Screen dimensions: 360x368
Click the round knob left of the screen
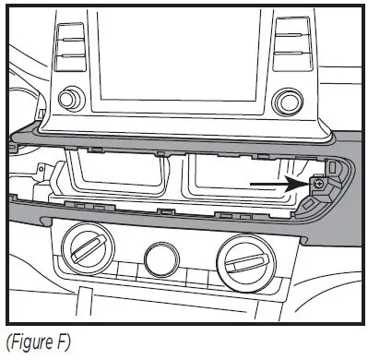(70, 98)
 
